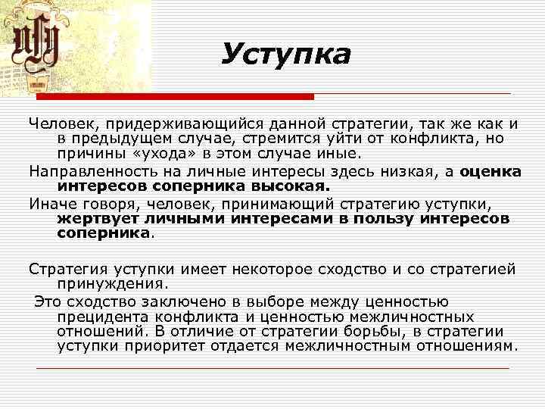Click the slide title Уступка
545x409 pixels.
point(287,54)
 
